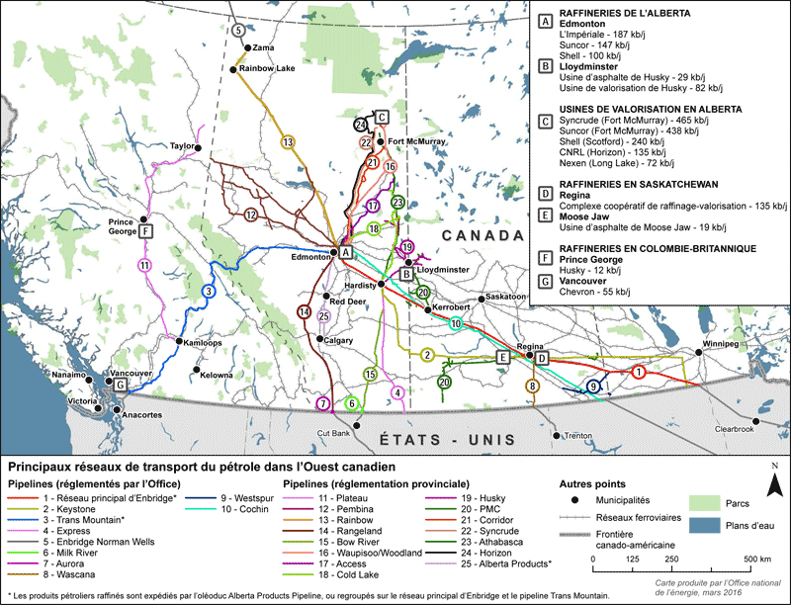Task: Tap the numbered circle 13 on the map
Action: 288,142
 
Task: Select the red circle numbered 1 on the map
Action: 639,372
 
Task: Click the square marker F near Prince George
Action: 147,231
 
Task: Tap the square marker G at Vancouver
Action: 121,385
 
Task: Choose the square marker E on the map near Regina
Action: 502,357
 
